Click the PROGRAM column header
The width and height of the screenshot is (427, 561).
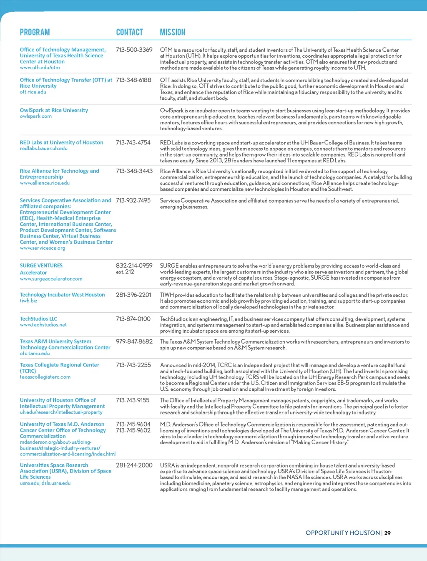point(35,32)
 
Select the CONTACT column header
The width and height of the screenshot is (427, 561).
point(129,32)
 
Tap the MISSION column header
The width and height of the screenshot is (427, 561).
point(173,32)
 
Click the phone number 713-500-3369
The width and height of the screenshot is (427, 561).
point(134,50)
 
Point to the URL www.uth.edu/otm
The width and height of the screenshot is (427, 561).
point(40,68)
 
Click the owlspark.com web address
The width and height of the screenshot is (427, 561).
point(36,116)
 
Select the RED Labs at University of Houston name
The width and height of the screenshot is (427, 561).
point(61,142)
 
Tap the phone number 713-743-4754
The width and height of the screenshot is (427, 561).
point(133,142)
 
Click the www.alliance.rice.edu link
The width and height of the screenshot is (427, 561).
point(45,183)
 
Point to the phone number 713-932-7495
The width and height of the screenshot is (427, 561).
point(133,200)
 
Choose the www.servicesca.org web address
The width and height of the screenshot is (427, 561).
point(43,248)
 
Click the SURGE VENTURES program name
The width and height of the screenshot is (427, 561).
point(41,265)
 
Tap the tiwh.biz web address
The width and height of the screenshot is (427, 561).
point(28,301)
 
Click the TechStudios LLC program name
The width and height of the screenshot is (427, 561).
point(38,318)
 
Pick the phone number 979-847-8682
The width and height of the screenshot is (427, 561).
point(134,341)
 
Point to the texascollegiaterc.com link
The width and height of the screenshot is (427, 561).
point(45,377)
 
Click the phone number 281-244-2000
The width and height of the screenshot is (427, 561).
point(134,465)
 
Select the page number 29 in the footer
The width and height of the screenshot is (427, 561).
point(387,533)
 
